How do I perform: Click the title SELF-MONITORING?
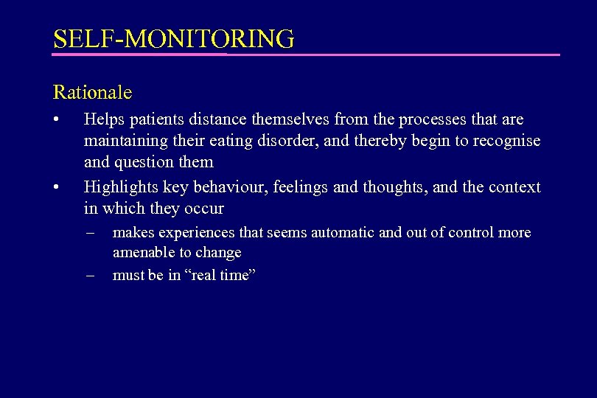click(x=173, y=38)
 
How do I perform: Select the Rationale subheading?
click(x=93, y=92)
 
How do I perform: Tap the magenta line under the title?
click(x=306, y=55)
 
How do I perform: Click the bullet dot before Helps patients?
click(x=56, y=119)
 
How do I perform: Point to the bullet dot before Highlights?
click(x=56, y=187)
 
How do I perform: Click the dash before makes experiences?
click(x=90, y=233)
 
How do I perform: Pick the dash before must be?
click(x=90, y=276)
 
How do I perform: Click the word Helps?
click(x=104, y=119)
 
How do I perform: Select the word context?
click(x=514, y=187)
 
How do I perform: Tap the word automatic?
click(x=342, y=233)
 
